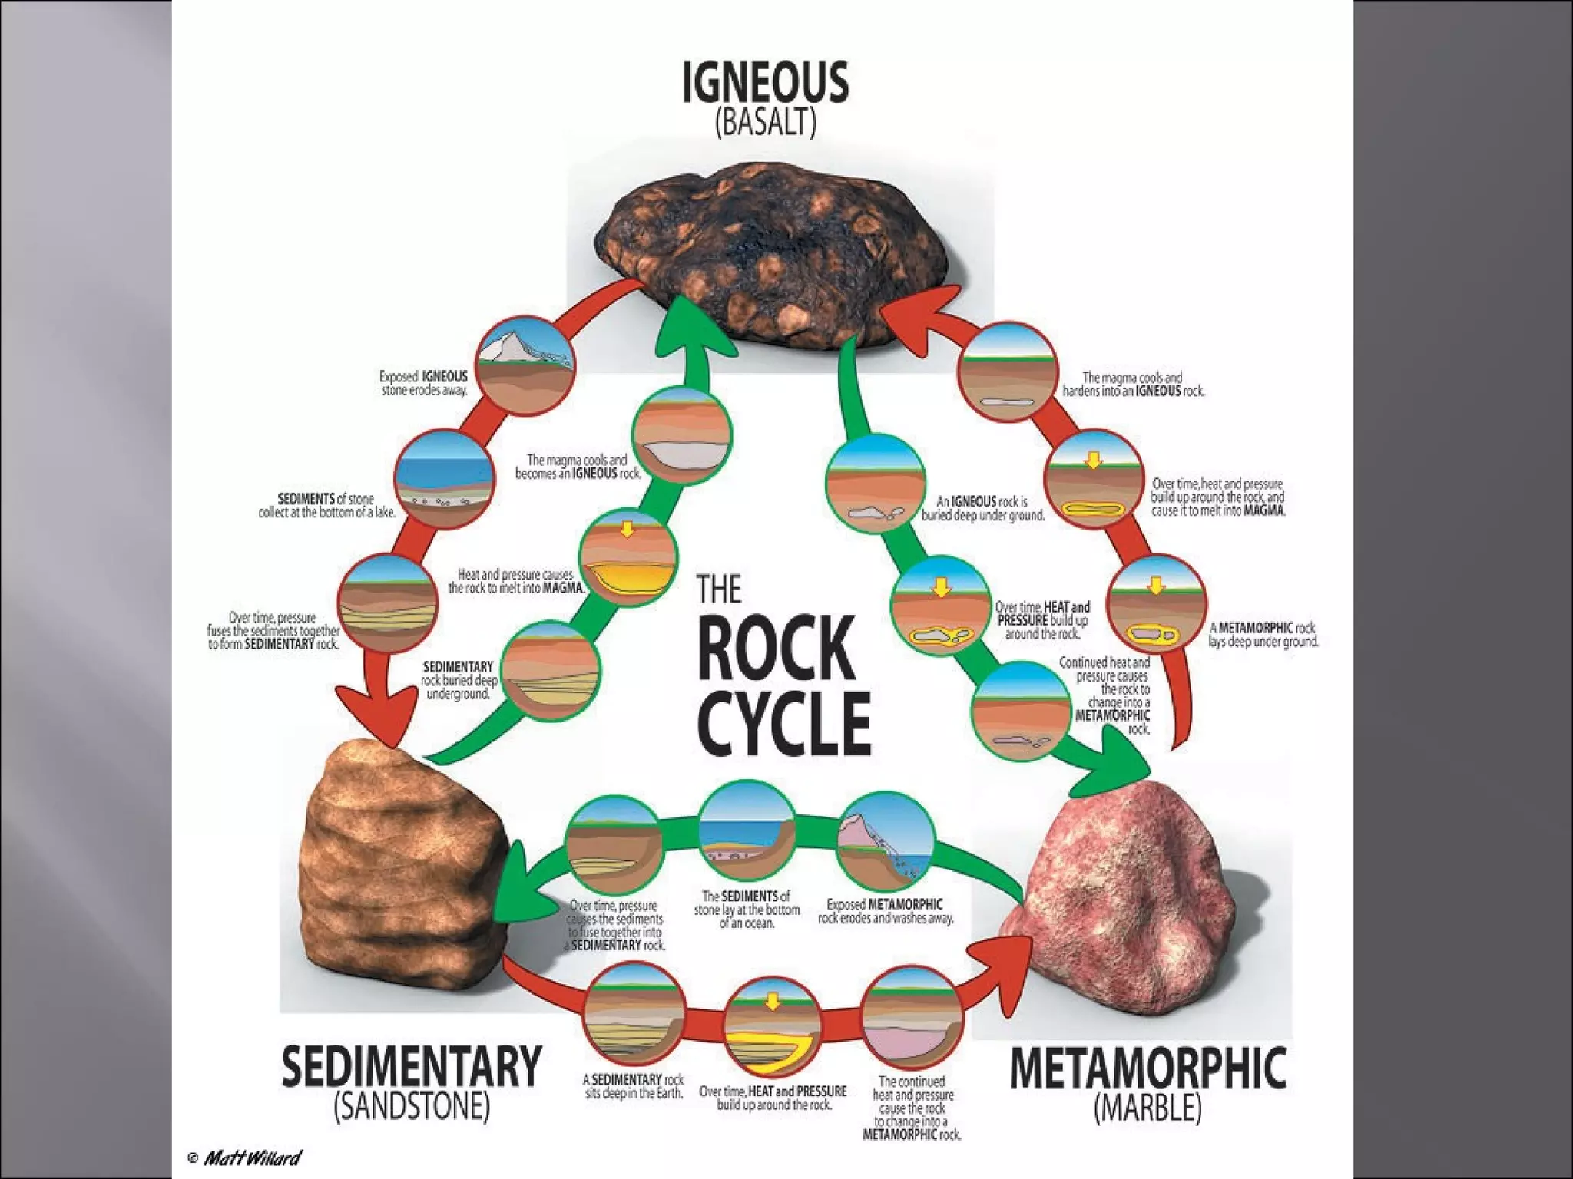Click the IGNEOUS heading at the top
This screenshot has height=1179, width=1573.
pos(766,83)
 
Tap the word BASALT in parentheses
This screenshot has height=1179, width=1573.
pos(766,123)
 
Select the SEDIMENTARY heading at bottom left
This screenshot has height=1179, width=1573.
pos(412,1066)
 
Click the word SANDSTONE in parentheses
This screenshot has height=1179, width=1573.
pos(412,1106)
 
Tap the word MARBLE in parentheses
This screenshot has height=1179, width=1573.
pos(1147,1108)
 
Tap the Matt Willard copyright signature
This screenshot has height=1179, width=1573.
pos(245,1158)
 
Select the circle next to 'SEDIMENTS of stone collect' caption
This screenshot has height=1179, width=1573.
pos(444,479)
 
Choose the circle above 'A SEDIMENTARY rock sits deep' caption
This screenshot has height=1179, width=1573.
pos(634,1011)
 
